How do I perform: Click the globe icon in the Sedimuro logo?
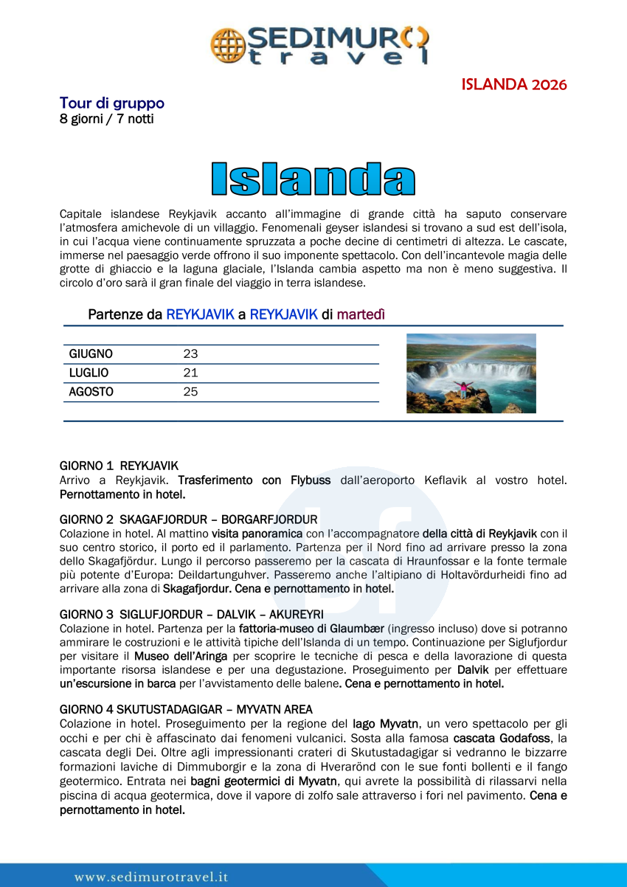pyautogui.click(x=228, y=44)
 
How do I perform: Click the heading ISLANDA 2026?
pyautogui.click(x=514, y=84)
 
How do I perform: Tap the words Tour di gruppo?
pyautogui.click(x=112, y=103)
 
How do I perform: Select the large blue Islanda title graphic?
pyautogui.click(x=313, y=179)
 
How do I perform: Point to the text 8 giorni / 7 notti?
pyautogui.click(x=107, y=119)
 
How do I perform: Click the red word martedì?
pyautogui.click(x=361, y=314)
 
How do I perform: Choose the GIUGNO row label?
pyautogui.click(x=91, y=354)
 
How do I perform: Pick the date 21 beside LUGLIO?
pyautogui.click(x=190, y=373)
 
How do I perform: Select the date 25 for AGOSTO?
pyautogui.click(x=190, y=393)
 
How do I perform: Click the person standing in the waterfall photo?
pyautogui.click(x=464, y=389)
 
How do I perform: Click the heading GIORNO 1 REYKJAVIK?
pyautogui.click(x=119, y=466)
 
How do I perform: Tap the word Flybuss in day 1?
pyautogui.click(x=311, y=480)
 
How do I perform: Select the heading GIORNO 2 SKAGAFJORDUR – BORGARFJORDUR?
pyautogui.click(x=188, y=520)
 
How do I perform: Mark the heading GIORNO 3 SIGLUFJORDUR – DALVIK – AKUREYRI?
pyautogui.click(x=191, y=615)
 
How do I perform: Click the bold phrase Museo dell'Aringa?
pyautogui.click(x=181, y=656)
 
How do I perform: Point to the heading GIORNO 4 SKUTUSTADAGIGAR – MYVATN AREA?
pyautogui.click(x=187, y=710)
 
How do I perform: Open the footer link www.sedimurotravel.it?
pyautogui.click(x=151, y=877)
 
